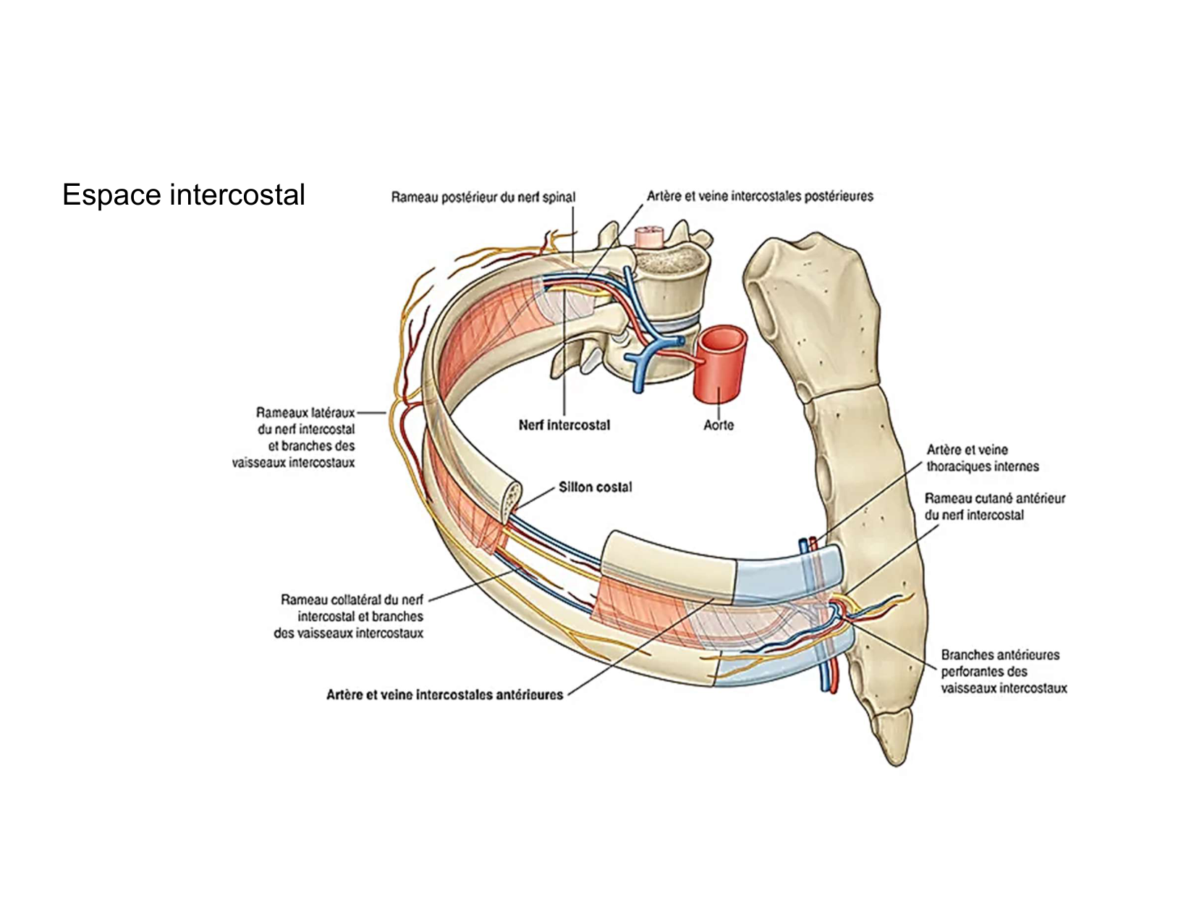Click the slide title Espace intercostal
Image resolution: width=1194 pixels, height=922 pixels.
click(183, 195)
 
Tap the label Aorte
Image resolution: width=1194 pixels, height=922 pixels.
click(718, 425)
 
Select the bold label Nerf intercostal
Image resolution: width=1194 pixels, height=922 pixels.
click(564, 425)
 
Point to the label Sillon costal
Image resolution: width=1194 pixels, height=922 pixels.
click(595, 487)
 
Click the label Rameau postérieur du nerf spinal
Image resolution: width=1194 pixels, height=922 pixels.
click(483, 197)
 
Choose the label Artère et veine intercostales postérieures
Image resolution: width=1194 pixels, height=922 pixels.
click(760, 196)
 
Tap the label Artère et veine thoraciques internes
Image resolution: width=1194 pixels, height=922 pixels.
click(982, 458)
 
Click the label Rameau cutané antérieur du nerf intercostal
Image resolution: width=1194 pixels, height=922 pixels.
click(994, 507)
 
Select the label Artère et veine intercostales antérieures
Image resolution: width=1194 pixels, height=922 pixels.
click(444, 695)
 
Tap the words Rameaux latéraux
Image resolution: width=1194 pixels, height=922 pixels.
click(305, 412)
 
